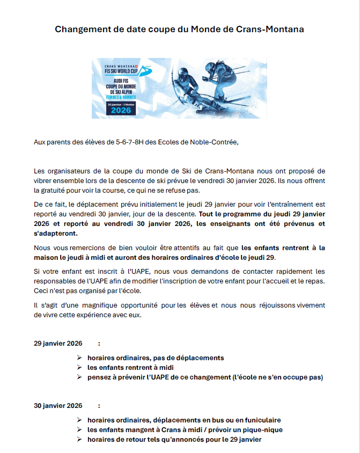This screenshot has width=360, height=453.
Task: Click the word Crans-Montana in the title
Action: tap(270, 29)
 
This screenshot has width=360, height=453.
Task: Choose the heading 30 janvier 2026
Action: tap(58, 405)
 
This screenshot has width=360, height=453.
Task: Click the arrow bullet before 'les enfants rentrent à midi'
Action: tap(79, 368)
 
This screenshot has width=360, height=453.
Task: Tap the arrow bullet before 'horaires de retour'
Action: tap(79, 440)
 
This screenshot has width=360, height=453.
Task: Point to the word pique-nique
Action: tap(264, 430)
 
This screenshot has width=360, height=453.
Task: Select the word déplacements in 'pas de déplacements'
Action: tap(201, 357)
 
